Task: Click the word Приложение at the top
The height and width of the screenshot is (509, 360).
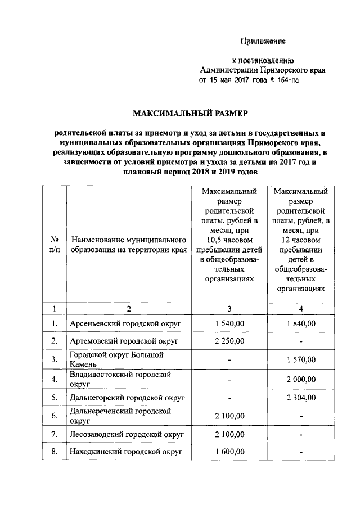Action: click(x=263, y=41)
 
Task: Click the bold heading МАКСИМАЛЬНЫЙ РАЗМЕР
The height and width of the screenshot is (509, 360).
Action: click(x=190, y=114)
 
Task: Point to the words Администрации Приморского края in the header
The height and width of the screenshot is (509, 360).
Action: click(x=263, y=70)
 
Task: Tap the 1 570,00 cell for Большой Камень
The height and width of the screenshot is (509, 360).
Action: click(x=301, y=359)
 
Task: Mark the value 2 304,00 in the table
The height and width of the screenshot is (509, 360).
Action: click(x=301, y=397)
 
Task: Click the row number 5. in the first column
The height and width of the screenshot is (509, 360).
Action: click(x=55, y=397)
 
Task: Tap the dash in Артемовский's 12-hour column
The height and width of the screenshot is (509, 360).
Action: click(x=301, y=341)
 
